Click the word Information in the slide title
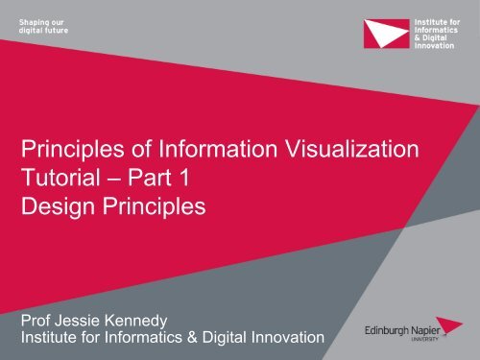192,149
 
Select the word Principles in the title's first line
69,149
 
